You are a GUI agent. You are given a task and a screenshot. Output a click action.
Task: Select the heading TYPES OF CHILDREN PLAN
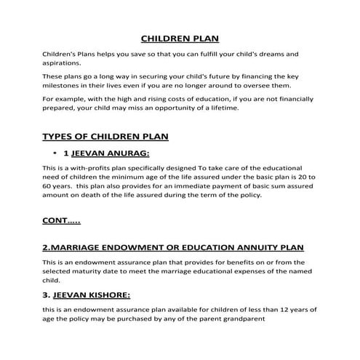point(105,137)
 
